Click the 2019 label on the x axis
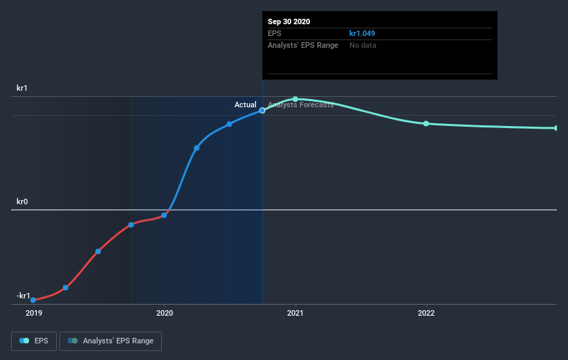tap(33, 313)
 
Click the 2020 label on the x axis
tap(165, 313)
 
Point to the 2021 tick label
tap(295, 313)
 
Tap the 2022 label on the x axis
tap(426, 313)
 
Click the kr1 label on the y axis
tap(22, 89)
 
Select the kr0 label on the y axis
tap(22, 202)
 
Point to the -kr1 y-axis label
tap(24, 296)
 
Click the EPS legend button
tap(35, 341)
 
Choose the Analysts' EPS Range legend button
tap(111, 341)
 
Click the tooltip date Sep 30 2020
tap(289, 21)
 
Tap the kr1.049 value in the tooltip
tap(363, 33)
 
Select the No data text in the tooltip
tap(363, 45)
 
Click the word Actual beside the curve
tap(245, 105)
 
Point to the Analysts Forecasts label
tap(301, 105)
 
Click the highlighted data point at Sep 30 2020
tap(262, 110)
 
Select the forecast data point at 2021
tap(295, 99)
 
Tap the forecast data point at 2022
tap(426, 123)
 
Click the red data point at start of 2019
tap(33, 300)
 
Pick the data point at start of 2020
tap(164, 215)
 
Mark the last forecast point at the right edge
tap(556, 128)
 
